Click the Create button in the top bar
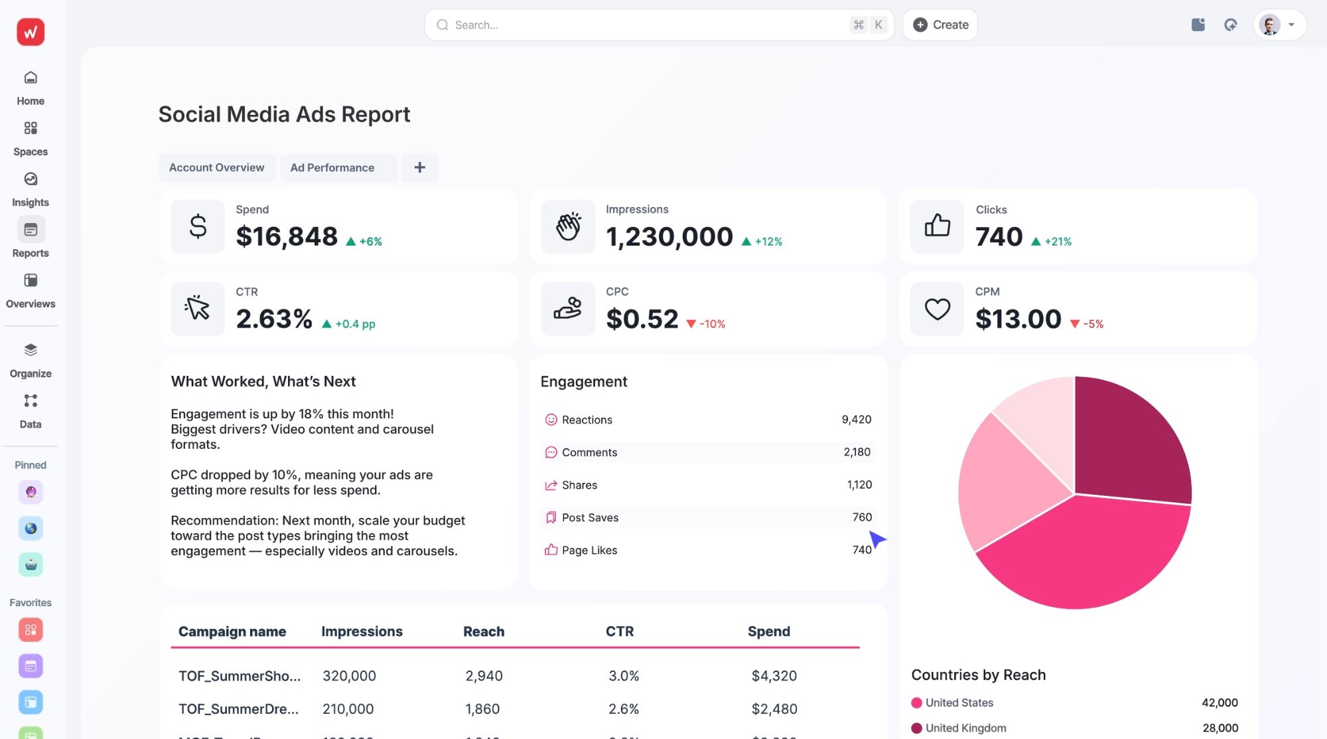[x=940, y=25]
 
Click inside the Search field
[x=637, y=25]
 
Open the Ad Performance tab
[x=332, y=168]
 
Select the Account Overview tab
[x=216, y=168]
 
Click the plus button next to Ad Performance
[x=419, y=168]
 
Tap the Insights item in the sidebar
[x=31, y=189]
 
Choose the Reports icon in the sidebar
[x=31, y=230]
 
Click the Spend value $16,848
[x=287, y=237]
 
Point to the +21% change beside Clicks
[x=1058, y=242]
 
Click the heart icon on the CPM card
[x=937, y=309]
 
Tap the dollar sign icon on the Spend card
[x=198, y=227]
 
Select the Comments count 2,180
[x=857, y=452]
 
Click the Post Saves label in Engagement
[x=590, y=518]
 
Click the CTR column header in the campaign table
[x=619, y=631]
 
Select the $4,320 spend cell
[x=774, y=676]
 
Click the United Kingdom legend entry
[x=965, y=728]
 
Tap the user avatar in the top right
[x=1269, y=25]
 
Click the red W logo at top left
[x=31, y=32]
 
